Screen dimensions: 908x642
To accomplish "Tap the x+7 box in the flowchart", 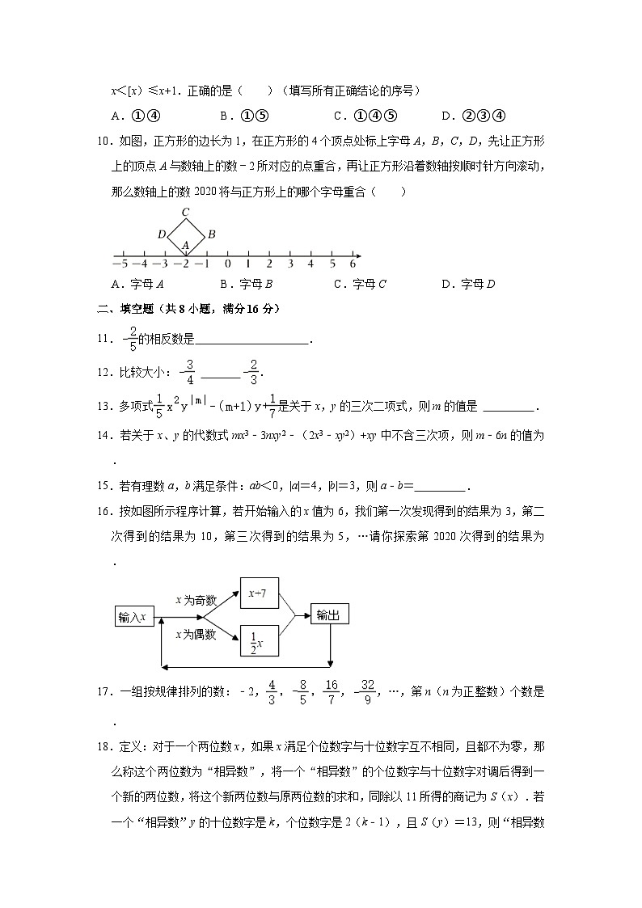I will (x=258, y=594).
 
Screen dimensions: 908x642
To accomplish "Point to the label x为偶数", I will (x=196, y=635).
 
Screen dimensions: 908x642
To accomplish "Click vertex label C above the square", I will (x=185, y=213).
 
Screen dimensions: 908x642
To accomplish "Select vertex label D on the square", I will (x=162, y=234).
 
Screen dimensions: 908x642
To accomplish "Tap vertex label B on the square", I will (x=210, y=234).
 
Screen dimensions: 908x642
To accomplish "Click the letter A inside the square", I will (x=185, y=244).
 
